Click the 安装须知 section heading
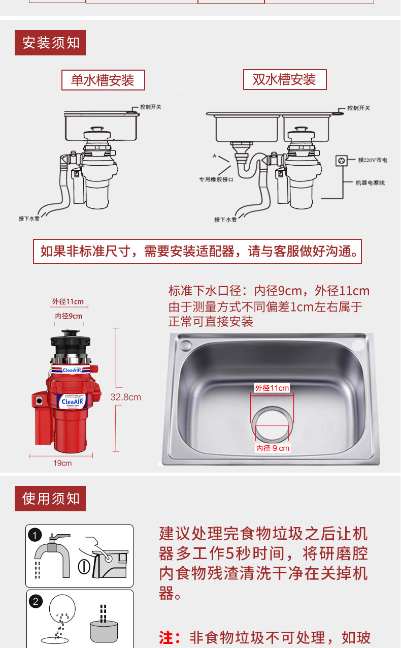pos(51,43)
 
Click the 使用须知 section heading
pos(51,499)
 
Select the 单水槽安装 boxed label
pos(103,80)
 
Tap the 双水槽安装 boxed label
pos(284,80)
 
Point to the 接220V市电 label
pos(373,160)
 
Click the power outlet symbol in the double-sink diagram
pos(341,161)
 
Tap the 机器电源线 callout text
pos(370,182)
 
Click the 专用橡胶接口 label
pos(215,179)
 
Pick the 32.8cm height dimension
pos(126,397)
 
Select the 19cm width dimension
pos(62,463)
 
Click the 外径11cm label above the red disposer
pos(68,301)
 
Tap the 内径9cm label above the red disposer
pos(69,317)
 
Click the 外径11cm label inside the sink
pos(272,388)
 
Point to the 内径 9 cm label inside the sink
pos(273,448)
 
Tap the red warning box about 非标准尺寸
pos(197,251)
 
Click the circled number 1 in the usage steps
pos(35,535)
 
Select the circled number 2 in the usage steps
pos(35,602)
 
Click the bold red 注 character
pos(166,637)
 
